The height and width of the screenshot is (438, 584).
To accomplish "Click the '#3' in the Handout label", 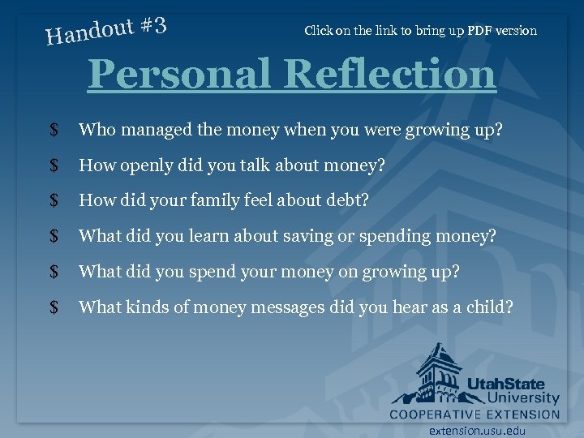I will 153,26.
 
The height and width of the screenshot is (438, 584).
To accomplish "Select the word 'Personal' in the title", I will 181,75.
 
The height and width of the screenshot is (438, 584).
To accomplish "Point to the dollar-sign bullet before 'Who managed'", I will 54,130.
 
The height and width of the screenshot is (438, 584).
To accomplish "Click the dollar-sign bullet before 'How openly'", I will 54,165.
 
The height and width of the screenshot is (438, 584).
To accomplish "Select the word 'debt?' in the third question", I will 348,200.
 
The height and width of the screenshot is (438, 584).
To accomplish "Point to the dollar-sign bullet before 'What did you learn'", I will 54,236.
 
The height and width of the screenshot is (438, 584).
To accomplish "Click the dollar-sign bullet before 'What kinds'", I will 54,307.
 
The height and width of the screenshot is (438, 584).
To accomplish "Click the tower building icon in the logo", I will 438,373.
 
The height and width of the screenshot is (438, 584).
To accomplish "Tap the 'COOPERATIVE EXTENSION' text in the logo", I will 474,414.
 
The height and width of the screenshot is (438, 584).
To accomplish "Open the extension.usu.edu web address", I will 477,431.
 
